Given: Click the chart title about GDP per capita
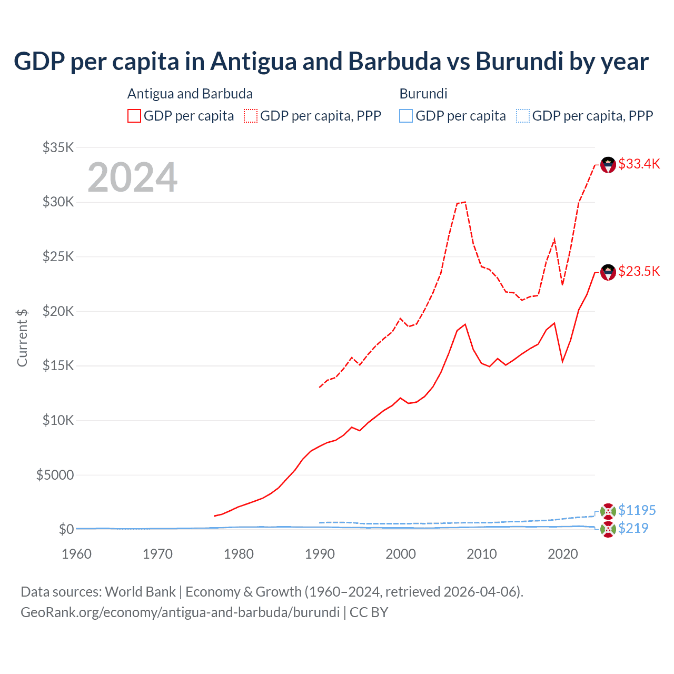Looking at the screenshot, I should (x=331, y=62).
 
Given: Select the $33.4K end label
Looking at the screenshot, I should (x=639, y=164).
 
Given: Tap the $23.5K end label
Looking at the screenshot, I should (x=639, y=271).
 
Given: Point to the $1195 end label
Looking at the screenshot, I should (x=637, y=510).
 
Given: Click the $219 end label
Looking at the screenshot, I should (x=633, y=528).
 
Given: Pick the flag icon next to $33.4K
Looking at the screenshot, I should (x=608, y=165).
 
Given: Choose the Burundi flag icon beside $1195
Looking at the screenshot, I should (x=608, y=511).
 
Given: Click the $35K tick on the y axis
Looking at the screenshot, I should (x=58, y=147).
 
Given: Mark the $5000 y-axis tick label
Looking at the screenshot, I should (x=55, y=475).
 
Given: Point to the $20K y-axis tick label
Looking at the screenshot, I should (x=58, y=311).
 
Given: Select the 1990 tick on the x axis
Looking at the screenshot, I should (x=320, y=554).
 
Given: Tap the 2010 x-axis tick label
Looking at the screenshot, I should (x=482, y=554).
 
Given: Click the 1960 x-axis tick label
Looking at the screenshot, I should (x=77, y=554).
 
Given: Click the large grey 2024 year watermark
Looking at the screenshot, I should (x=132, y=177).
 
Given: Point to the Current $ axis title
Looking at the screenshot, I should (x=22, y=338).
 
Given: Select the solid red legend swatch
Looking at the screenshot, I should (x=134, y=116).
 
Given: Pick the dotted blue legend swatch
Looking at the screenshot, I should (x=523, y=116).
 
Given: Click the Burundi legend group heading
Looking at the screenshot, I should (x=423, y=94).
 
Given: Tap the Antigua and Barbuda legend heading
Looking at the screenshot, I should (x=190, y=94).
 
